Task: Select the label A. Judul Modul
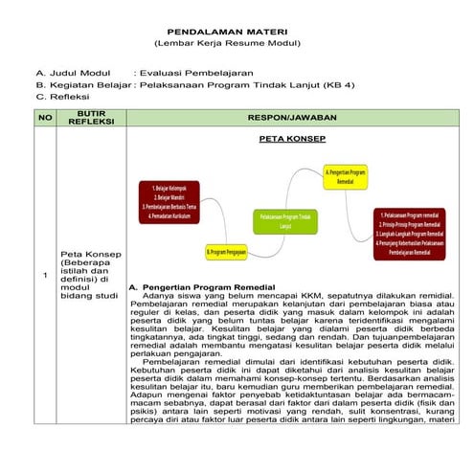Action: pos(75,73)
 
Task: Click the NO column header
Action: pos(44,117)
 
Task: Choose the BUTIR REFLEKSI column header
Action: pos(91,117)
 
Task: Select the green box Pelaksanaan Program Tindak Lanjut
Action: pos(285,221)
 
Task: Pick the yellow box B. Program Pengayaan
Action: pos(226,251)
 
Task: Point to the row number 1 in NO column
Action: pos(44,276)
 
